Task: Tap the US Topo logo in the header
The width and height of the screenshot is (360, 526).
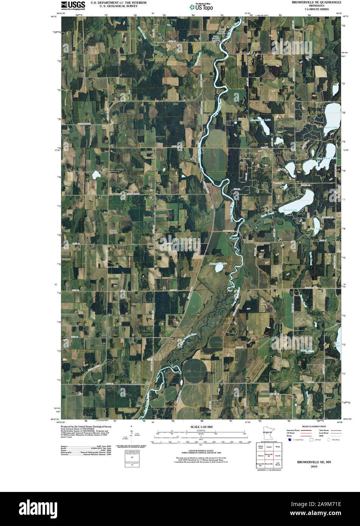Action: click(x=201, y=6)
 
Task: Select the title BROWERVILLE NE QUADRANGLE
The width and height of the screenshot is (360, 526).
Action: click(x=316, y=2)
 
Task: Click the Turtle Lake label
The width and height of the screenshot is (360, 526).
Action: click(x=290, y=209)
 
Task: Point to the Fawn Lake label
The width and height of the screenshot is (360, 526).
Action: click(x=330, y=127)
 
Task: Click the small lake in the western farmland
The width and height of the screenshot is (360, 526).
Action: click(x=95, y=174)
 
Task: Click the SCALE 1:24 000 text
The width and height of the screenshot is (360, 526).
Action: click(x=201, y=427)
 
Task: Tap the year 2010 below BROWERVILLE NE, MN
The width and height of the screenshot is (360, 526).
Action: click(x=314, y=467)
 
